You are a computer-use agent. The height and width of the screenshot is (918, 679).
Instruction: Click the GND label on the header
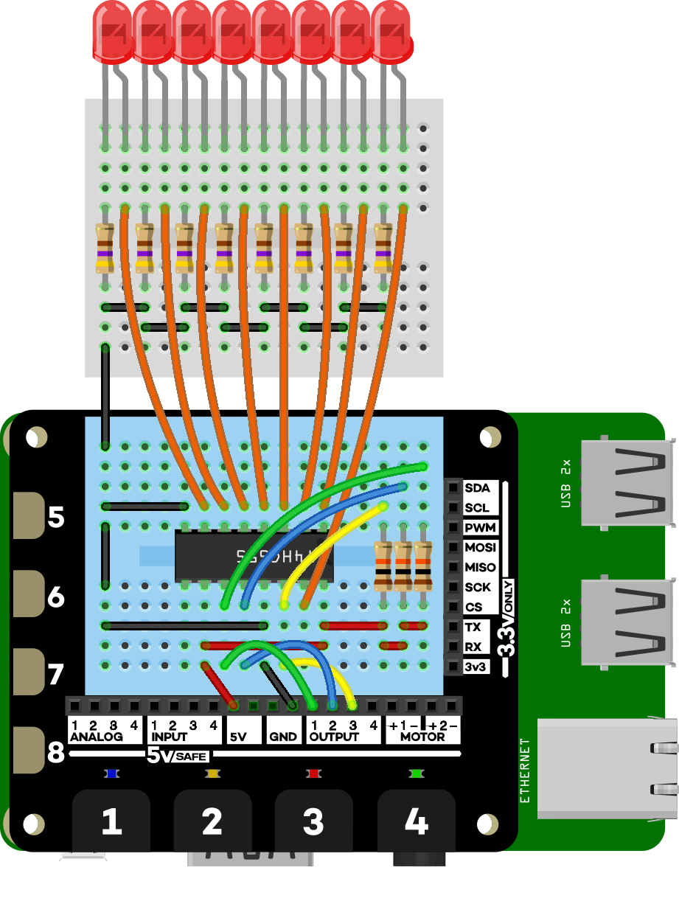[x=283, y=737]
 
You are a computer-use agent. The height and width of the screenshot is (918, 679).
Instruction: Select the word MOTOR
[x=422, y=737]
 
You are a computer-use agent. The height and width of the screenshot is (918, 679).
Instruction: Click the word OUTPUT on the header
[x=334, y=737]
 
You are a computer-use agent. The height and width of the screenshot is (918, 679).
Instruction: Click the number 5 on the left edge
[x=56, y=518]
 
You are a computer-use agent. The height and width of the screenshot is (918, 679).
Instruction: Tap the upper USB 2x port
[x=627, y=483]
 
